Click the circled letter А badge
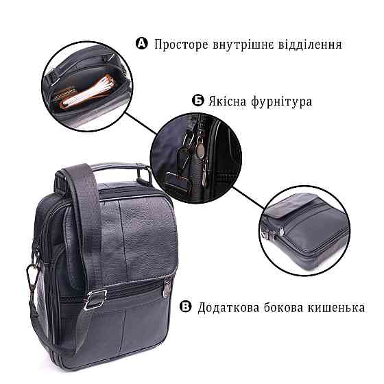(x=142, y=44)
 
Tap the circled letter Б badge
(x=198, y=101)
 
